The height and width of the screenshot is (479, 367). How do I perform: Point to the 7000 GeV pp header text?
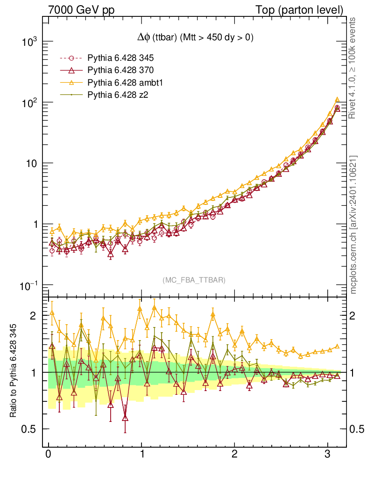pos(82,9)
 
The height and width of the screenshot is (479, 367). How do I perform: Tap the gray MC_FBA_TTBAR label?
pos(194,280)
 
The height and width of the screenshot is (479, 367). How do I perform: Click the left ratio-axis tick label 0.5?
pos(29,429)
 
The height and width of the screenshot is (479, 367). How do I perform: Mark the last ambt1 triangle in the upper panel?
pos(337,100)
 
